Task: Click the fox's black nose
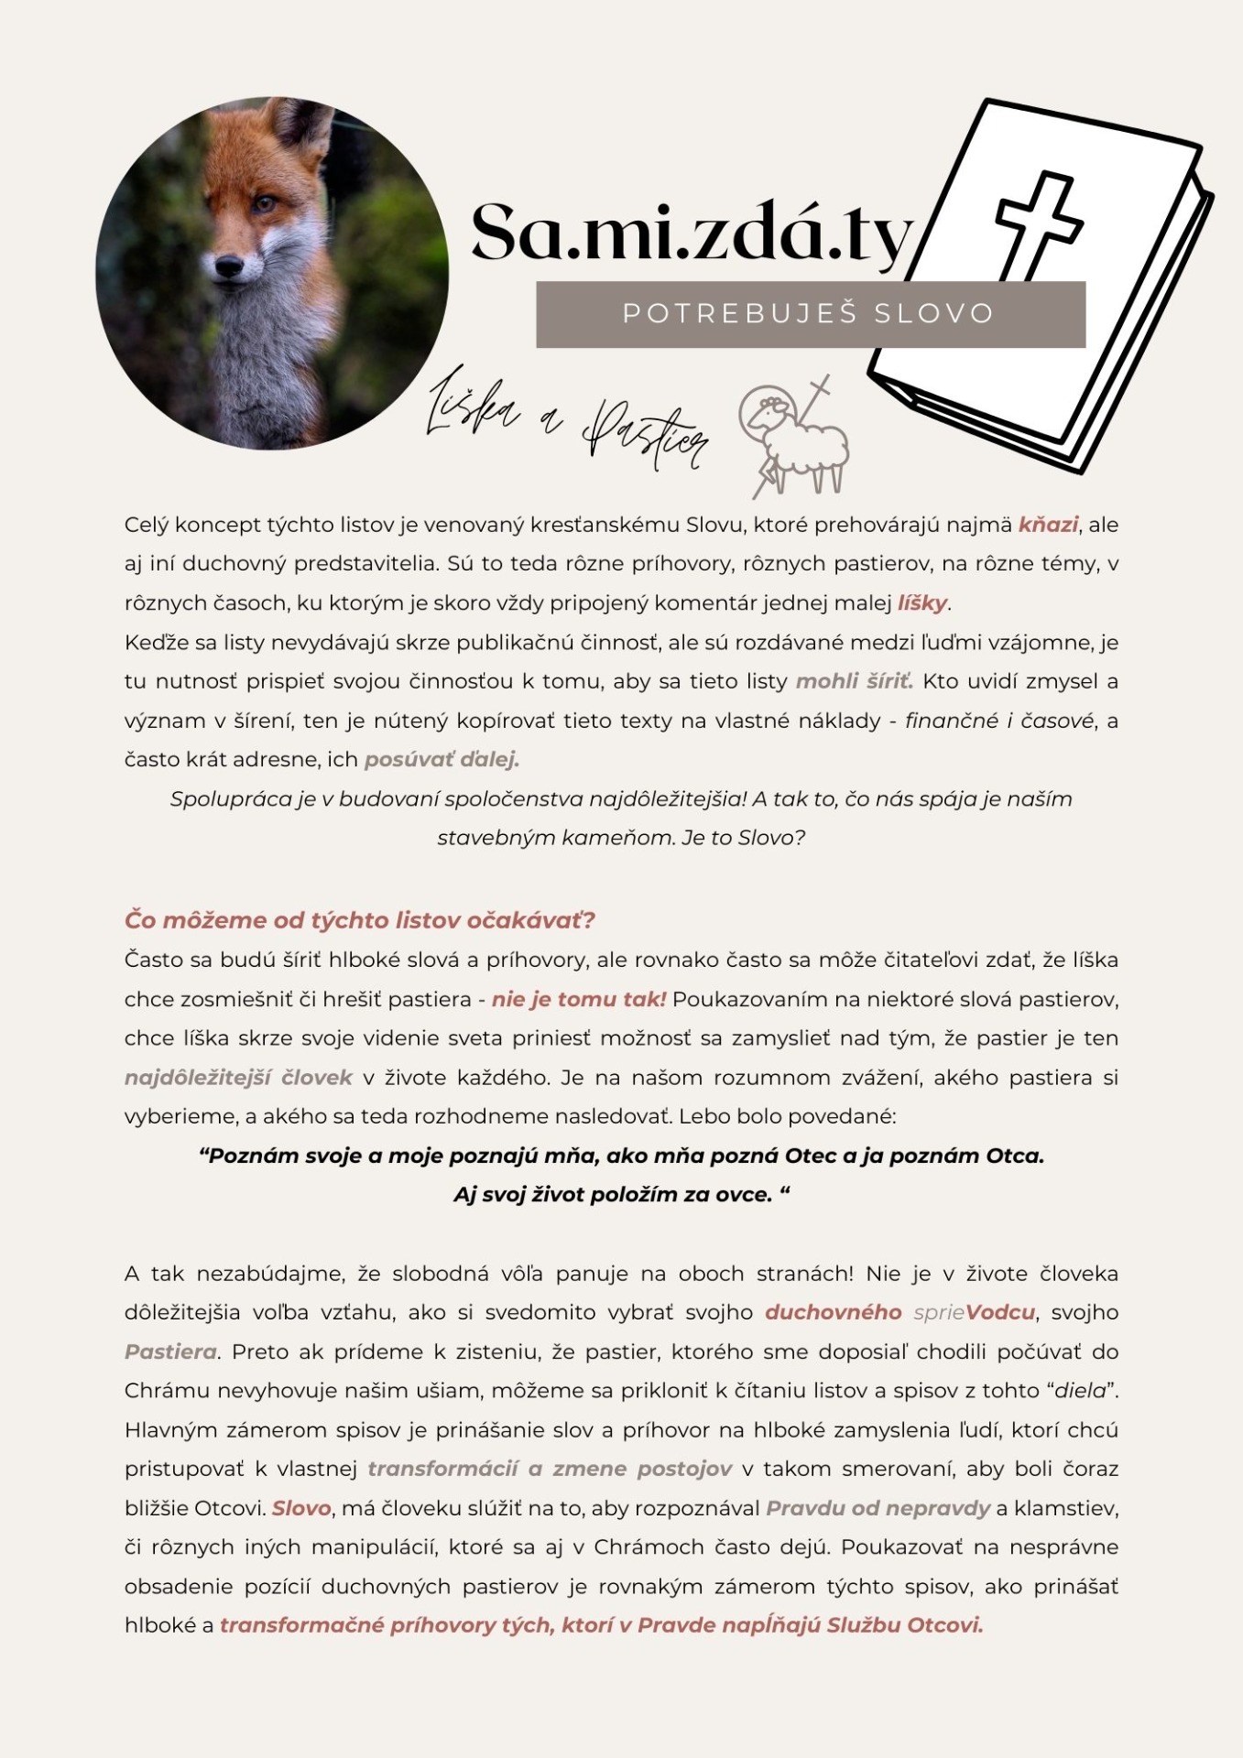[x=229, y=266]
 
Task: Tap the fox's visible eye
[x=264, y=203]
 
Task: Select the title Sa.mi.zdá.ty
[x=692, y=233]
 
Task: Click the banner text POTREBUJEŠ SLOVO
[x=809, y=314]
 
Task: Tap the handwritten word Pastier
[x=646, y=436]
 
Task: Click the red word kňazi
[x=1048, y=525]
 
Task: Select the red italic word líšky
[x=921, y=603]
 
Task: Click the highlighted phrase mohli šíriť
[x=854, y=681]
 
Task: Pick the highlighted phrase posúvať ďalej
[x=442, y=759]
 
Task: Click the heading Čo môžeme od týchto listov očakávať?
[x=360, y=919]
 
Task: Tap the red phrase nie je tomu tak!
[x=579, y=999]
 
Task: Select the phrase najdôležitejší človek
[x=238, y=1078]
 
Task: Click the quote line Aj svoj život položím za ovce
[x=621, y=1195]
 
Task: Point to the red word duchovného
[x=833, y=1312]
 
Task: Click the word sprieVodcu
[x=974, y=1312]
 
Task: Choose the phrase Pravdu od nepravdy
[x=878, y=1508]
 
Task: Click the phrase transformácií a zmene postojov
[x=550, y=1469]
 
